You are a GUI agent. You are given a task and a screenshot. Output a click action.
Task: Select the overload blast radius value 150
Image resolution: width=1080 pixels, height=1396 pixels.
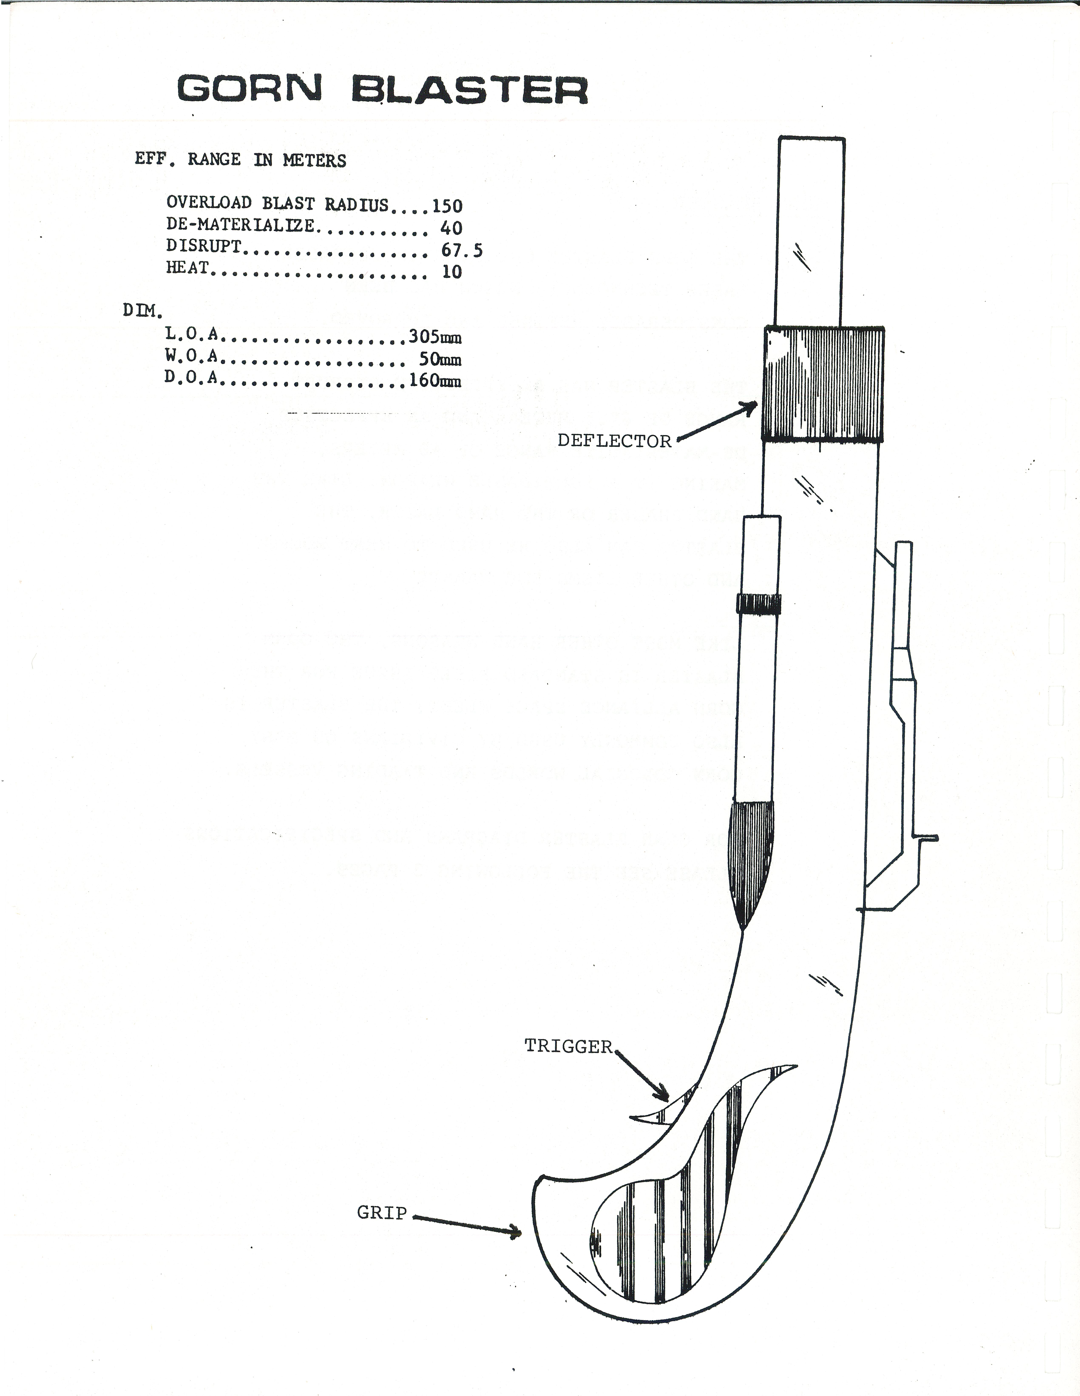(447, 206)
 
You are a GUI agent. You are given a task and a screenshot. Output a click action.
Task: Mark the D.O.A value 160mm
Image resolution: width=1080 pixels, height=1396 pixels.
(435, 381)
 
